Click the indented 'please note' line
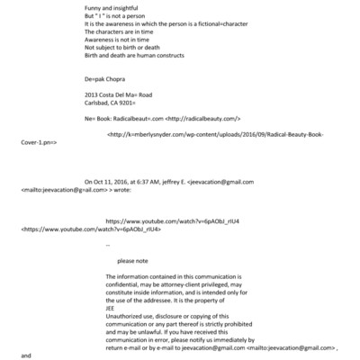click(x=131, y=260)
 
